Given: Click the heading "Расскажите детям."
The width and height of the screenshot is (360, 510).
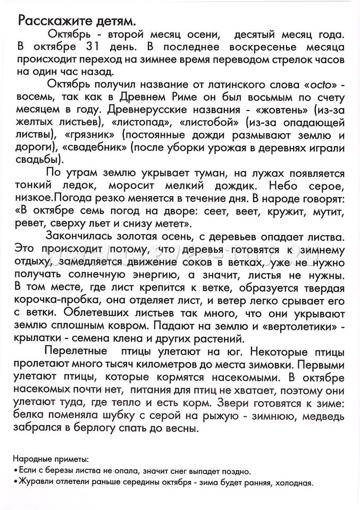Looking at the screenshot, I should click(77, 21).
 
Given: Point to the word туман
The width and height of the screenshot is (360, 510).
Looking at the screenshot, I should click(217, 174).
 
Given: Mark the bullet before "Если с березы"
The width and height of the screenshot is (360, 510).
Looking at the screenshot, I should click(15, 472).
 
